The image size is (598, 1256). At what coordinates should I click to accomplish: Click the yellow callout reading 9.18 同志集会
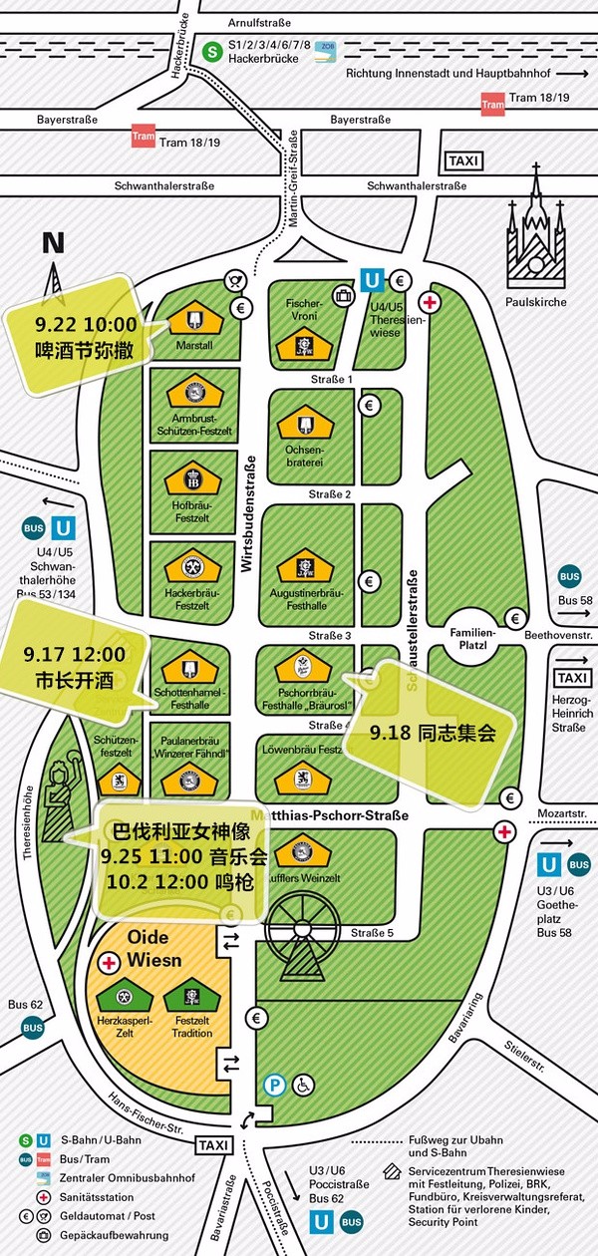point(432,731)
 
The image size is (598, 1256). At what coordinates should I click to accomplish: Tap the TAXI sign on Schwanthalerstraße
point(464,161)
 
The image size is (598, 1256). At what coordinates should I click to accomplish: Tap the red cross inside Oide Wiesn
point(111,963)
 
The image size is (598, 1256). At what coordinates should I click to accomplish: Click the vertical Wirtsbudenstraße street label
point(248,512)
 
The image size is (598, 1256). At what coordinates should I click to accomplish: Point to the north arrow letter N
point(53,242)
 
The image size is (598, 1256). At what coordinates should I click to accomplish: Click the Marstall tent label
point(195,346)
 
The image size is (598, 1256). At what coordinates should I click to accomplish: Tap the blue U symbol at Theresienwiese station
point(371,282)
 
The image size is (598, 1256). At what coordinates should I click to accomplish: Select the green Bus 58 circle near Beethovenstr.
point(569,575)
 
